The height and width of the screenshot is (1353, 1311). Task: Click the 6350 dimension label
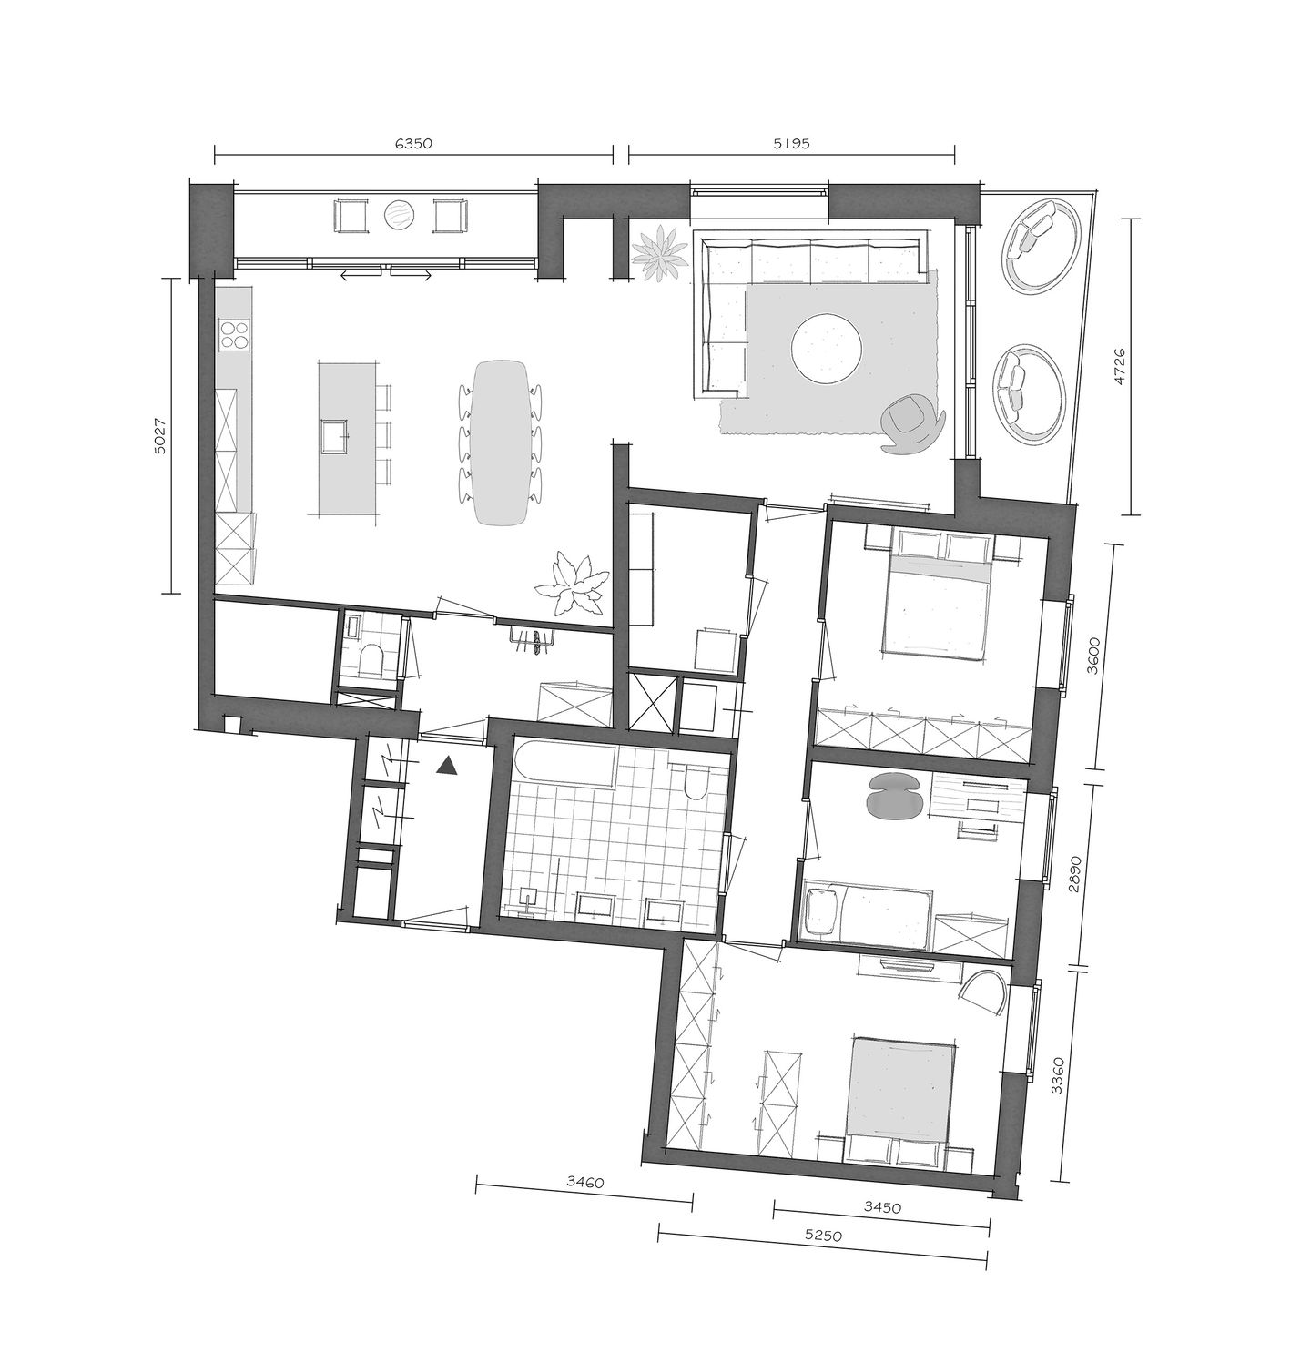click(412, 143)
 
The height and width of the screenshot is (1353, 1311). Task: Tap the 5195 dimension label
click(791, 143)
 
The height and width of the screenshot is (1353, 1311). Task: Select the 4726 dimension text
click(1121, 366)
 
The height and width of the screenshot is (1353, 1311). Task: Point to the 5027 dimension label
click(160, 435)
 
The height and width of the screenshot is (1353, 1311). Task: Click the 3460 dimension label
click(584, 1183)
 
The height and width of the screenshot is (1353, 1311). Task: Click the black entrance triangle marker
click(445, 766)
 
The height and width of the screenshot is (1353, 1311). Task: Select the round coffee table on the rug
click(827, 347)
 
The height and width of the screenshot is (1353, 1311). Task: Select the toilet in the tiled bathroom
click(696, 781)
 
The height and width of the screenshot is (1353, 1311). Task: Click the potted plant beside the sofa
click(661, 254)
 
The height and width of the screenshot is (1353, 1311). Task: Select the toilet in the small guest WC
click(371, 657)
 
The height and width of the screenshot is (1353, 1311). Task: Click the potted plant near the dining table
click(571, 586)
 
